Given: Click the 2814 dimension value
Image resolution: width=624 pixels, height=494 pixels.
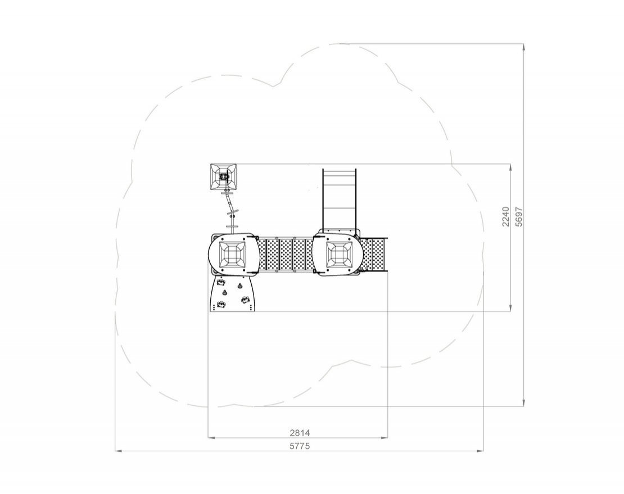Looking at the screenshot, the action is coord(299,432).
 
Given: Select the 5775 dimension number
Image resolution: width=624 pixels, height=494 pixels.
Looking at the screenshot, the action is coord(299,446).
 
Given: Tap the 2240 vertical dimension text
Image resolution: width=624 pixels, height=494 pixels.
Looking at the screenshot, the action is coord(505,216).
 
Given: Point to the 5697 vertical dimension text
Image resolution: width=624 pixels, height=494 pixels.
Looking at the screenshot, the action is coord(518,216).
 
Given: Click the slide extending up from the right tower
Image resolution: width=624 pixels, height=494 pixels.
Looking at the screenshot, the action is coord(339,199).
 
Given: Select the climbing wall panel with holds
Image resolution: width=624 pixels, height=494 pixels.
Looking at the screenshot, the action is coord(232,293).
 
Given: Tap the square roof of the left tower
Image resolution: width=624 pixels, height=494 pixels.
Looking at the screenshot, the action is coord(232,254).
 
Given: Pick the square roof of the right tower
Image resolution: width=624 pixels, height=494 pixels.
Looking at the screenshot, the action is coord(339,254).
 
